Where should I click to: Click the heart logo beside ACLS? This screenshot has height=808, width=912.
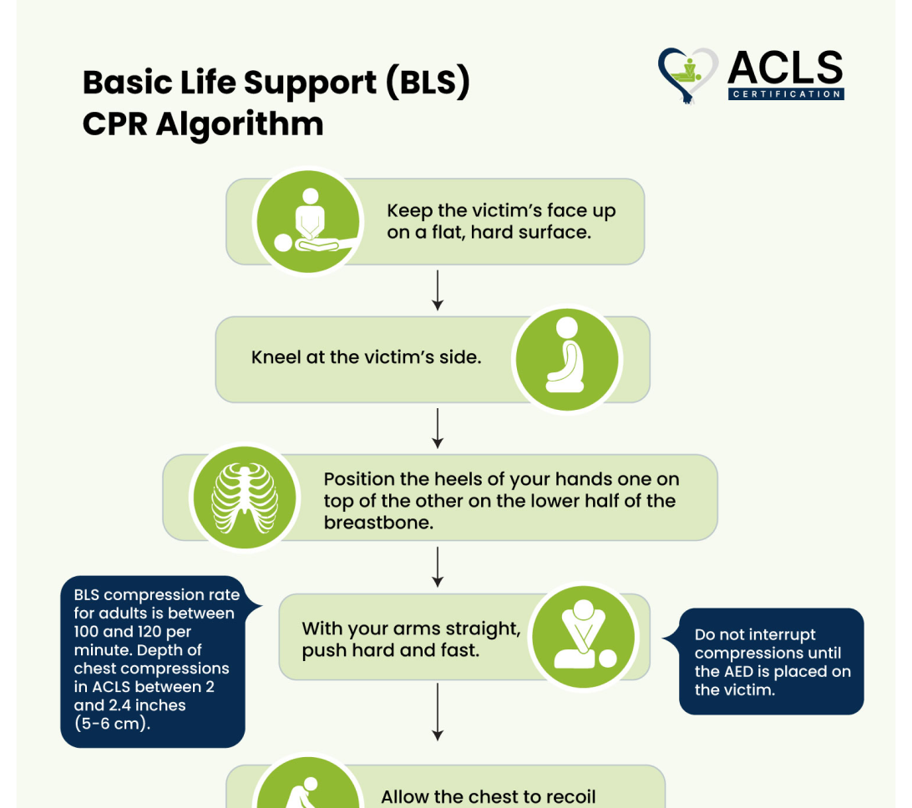point(687,74)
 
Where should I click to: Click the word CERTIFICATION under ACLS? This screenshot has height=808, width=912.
point(786,94)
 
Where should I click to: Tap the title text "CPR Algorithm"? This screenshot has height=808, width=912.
point(202,124)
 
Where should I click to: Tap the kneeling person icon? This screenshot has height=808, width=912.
point(567,358)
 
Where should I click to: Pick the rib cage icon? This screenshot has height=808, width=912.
point(245,497)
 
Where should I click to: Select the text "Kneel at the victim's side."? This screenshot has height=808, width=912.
point(366,358)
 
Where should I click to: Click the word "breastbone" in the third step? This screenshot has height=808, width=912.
point(378,523)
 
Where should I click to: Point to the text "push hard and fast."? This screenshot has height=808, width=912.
point(391,649)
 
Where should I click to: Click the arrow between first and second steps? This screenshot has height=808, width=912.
point(438,290)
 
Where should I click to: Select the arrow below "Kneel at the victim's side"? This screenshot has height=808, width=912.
point(438,428)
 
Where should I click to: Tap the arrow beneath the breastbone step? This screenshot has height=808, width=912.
point(438,567)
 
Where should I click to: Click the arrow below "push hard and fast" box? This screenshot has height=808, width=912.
point(438,710)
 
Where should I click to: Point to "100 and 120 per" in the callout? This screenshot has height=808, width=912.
point(132,632)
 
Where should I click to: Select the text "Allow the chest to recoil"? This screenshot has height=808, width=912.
point(488,796)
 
